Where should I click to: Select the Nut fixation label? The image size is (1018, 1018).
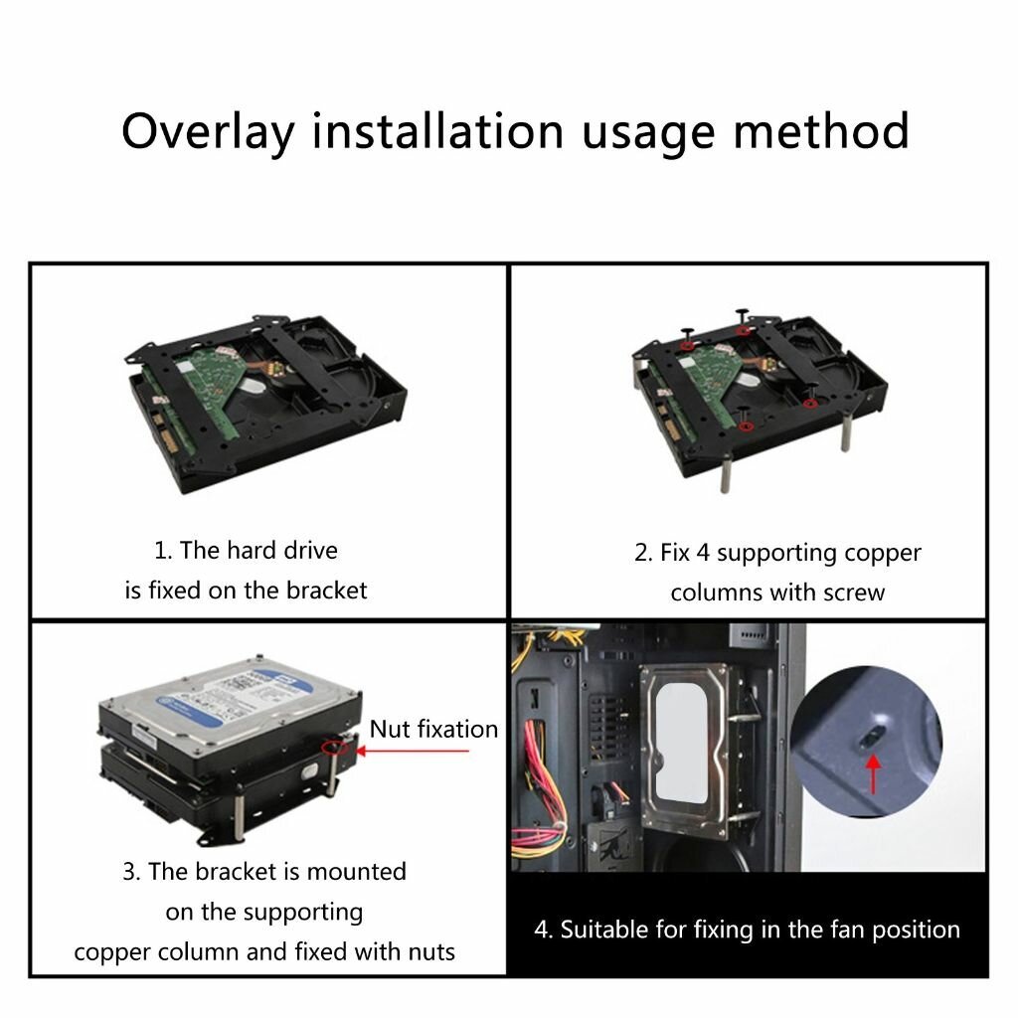click(433, 729)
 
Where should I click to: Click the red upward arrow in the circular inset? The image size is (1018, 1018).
click(874, 772)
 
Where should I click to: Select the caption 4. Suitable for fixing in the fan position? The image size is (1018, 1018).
click(747, 930)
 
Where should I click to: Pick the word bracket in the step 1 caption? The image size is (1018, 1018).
click(326, 590)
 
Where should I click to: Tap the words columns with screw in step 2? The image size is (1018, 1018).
click(776, 593)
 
